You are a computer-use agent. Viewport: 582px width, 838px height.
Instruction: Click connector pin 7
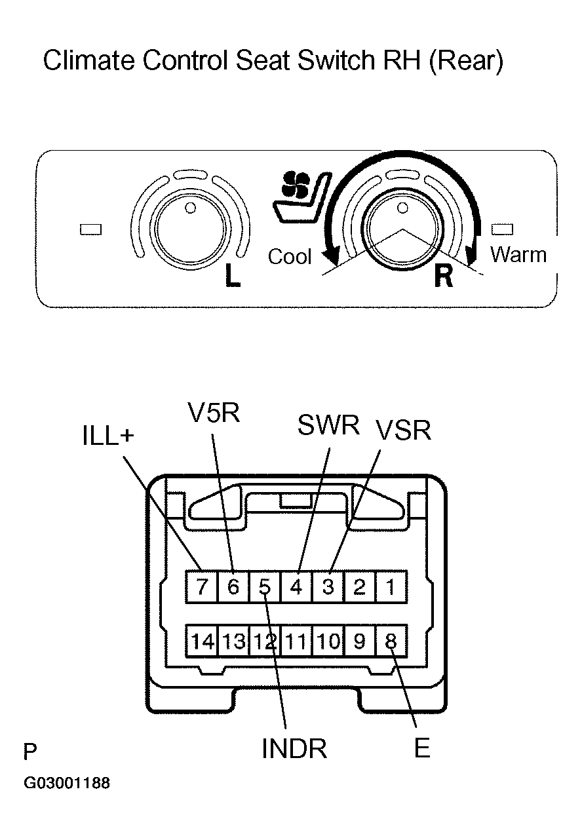(x=201, y=586)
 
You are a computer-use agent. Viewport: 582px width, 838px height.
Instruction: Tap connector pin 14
(x=203, y=641)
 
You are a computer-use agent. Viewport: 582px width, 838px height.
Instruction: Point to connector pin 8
(x=391, y=641)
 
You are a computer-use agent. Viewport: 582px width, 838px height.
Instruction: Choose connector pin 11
(x=296, y=641)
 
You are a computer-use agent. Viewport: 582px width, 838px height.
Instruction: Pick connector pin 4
(x=296, y=586)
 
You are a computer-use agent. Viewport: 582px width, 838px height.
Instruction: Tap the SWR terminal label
(x=328, y=426)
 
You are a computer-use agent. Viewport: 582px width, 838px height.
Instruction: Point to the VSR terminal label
(x=402, y=431)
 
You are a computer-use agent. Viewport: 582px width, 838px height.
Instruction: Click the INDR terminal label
(x=294, y=749)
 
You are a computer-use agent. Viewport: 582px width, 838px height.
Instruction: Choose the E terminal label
(x=422, y=749)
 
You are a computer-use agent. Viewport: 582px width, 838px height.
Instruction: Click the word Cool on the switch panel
(x=290, y=256)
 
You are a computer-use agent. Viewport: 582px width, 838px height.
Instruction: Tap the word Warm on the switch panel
(x=518, y=254)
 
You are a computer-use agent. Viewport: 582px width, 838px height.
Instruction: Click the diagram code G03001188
(x=66, y=784)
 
